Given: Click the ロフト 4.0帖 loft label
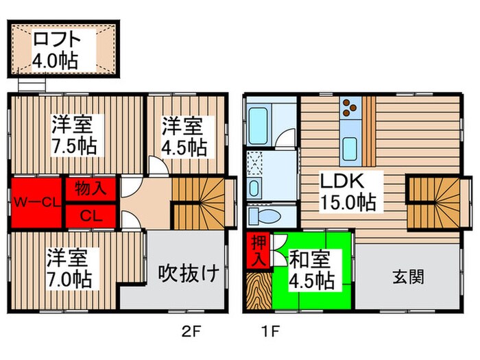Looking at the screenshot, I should click(55, 49).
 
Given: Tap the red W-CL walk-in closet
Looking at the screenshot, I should click(36, 203).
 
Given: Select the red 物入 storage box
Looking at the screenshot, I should click(91, 187).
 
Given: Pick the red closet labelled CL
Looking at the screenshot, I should click(91, 215).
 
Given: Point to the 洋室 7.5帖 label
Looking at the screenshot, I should click(76, 135).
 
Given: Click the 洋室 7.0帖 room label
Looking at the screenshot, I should click(67, 269).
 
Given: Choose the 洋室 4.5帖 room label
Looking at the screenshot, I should click(184, 136).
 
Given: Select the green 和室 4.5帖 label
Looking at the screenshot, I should click(311, 269).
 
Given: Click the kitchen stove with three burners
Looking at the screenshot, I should click(350, 106).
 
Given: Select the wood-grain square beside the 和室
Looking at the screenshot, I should click(259, 291).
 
